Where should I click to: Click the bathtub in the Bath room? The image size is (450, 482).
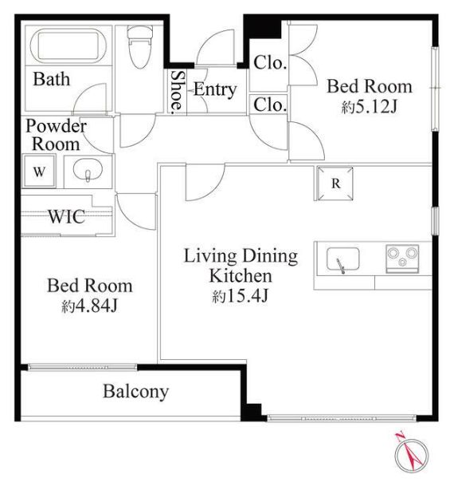tap(68, 45)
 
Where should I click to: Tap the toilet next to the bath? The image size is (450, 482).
tap(140, 47)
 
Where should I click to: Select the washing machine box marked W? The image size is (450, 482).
tap(39, 171)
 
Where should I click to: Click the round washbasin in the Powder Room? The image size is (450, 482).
tap(88, 170)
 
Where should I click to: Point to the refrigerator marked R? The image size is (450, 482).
tap(335, 184)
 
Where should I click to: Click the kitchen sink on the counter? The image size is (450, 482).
tap(342, 259)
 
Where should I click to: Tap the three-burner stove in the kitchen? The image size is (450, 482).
tap(402, 259)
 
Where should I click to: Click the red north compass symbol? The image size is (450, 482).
tap(411, 454)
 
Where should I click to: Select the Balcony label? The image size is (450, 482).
tap(135, 392)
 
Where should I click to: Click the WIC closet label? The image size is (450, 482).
tap(67, 216)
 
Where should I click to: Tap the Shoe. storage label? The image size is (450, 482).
tap(178, 93)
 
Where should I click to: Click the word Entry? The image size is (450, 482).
tap(215, 89)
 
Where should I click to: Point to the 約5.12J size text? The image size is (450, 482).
tap(370, 107)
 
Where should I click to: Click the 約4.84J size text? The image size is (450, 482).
tap(89, 306)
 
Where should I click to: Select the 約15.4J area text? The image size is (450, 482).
tap(241, 296)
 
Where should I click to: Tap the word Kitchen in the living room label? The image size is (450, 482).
tap(241, 276)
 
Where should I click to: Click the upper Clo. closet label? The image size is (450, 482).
tap(270, 63)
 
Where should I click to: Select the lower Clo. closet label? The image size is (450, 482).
tap(270, 105)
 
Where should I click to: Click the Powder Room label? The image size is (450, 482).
tap(56, 135)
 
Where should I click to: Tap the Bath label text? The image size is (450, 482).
tap(52, 79)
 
